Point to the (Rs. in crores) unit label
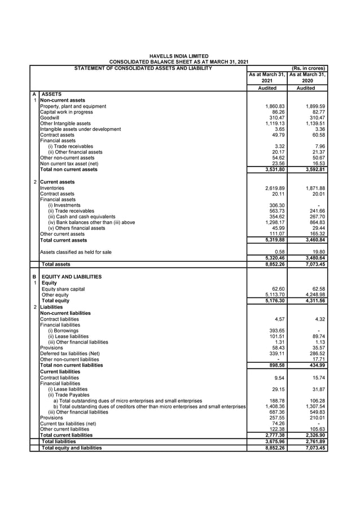pyautogui.click(x=308, y=69)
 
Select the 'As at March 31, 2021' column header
pyautogui.click(x=267, y=77)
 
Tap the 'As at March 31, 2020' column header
pyautogui.click(x=308, y=77)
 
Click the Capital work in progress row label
pyautogui.click(x=67, y=112)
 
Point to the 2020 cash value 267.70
pyautogui.click(x=316, y=217)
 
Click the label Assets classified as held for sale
pyautogui.click(x=76, y=252)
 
